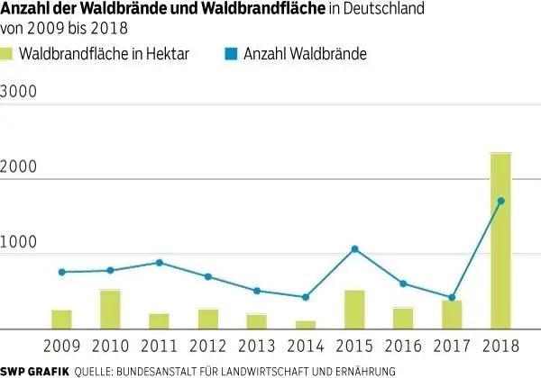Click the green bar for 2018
[500, 240]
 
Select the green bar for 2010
[110, 309]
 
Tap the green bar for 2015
[354, 309]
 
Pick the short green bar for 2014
[306, 324]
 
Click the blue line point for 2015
[354, 248]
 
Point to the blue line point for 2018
[501, 201]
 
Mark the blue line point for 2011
[159, 263]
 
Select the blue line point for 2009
[61, 272]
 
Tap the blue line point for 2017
[453, 297]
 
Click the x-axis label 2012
[207, 346]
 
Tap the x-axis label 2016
[403, 346]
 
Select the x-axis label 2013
[257, 346]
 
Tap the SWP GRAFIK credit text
[35, 370]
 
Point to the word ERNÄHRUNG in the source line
[363, 370]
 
